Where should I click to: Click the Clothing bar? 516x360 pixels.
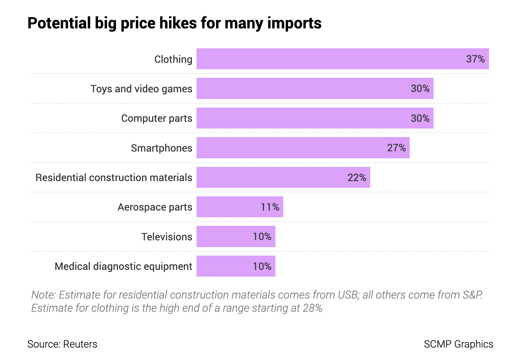[x=343, y=59]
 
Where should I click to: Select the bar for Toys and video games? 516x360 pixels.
[x=315, y=88]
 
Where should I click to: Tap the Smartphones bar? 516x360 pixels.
[x=303, y=148]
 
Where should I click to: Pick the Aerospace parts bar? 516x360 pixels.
[x=240, y=207]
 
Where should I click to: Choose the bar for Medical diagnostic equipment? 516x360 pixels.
[x=236, y=266]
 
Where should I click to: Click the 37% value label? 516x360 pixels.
[x=475, y=59]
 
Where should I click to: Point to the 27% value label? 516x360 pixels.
[x=396, y=148]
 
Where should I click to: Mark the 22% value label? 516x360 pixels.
[x=357, y=178]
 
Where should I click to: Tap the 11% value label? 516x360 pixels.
[x=270, y=207]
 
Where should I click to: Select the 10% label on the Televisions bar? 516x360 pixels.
[x=262, y=236]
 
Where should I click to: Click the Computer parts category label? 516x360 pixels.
[x=156, y=118]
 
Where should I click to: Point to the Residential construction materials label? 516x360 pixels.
[x=114, y=178]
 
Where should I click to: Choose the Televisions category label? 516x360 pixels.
[x=167, y=237]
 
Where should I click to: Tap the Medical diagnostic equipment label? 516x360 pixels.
[x=123, y=266]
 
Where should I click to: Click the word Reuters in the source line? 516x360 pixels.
[x=80, y=344]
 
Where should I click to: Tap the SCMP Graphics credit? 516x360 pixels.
[x=458, y=344]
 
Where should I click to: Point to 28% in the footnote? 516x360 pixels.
[x=312, y=308]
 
